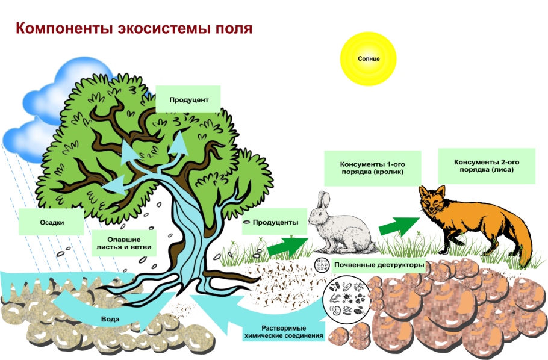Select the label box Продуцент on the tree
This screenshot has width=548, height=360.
pos(188,99)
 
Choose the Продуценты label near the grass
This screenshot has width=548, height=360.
pos(275,223)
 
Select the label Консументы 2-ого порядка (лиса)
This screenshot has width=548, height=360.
pos(487,166)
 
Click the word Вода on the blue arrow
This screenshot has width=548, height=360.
pos(110,318)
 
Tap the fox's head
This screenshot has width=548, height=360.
pos(432,202)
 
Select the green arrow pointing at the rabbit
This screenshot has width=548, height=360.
pos(287,244)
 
